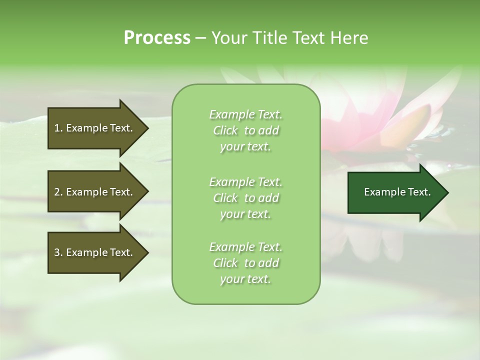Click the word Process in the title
(157, 38)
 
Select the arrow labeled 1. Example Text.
(95, 128)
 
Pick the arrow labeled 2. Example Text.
(95, 192)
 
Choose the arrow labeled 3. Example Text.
(95, 252)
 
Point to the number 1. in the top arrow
(58, 128)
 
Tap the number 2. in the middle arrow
(58, 192)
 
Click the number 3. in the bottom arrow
(58, 252)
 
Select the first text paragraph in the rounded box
(245, 130)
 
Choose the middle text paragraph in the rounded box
(245, 197)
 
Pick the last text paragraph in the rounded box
(245, 263)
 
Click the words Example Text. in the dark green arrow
(397, 192)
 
